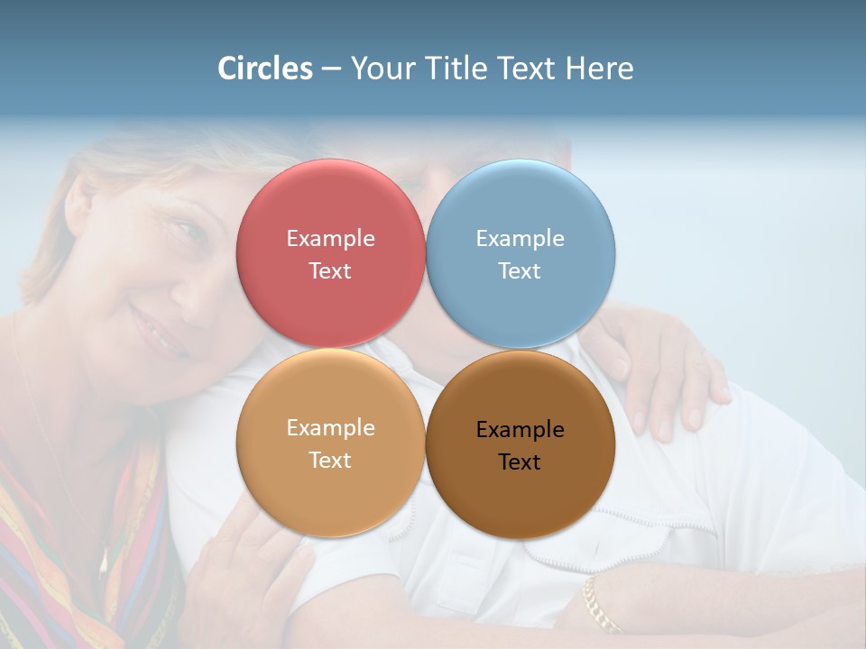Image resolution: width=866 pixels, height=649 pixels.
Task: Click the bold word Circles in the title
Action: click(x=265, y=69)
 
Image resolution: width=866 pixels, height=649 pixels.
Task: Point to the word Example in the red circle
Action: click(x=330, y=239)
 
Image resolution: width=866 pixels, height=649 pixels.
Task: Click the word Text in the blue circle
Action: click(x=520, y=271)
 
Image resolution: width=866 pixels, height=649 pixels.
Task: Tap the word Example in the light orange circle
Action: click(x=330, y=428)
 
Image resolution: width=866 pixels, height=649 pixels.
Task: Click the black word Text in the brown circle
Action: click(x=520, y=462)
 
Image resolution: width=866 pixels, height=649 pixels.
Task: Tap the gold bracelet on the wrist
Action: click(x=599, y=606)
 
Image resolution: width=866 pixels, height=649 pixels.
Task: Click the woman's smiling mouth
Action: click(x=158, y=331)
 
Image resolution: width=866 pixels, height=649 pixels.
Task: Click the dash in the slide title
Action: click(x=330, y=69)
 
